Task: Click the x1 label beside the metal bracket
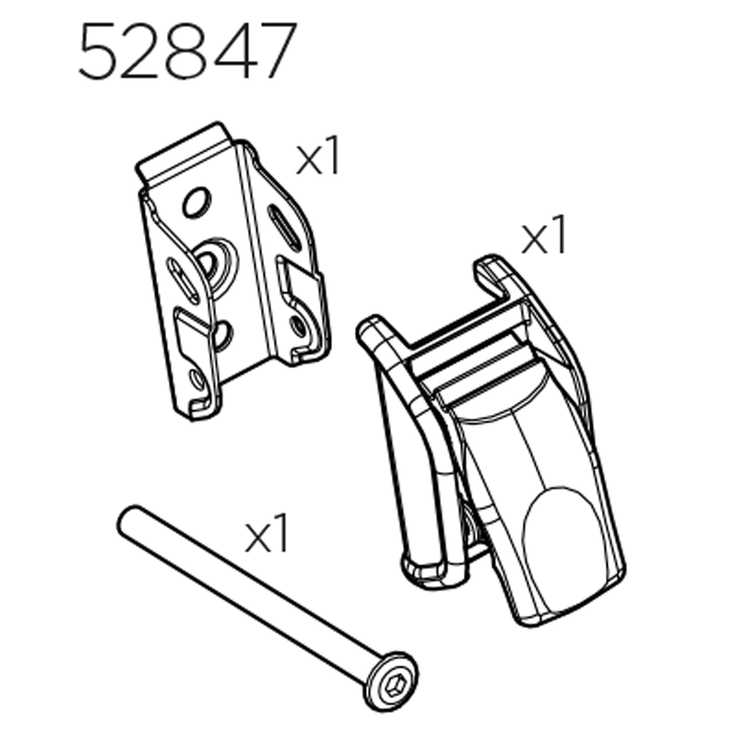pos(318,159)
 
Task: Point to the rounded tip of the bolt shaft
pos(126,519)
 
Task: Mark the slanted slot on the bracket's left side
pos(183,279)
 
